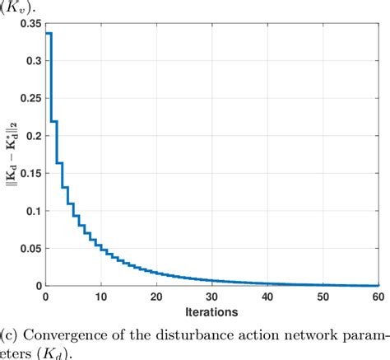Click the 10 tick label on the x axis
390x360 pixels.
click(x=101, y=297)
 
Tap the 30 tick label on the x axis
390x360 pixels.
click(x=211, y=297)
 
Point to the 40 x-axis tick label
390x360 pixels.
click(x=267, y=297)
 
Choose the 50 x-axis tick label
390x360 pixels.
click(x=323, y=297)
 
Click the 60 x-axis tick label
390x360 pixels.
click(x=377, y=297)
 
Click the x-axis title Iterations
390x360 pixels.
click(x=212, y=312)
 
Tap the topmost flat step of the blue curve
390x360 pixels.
click(x=49, y=34)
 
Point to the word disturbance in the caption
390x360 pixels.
click(x=197, y=335)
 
